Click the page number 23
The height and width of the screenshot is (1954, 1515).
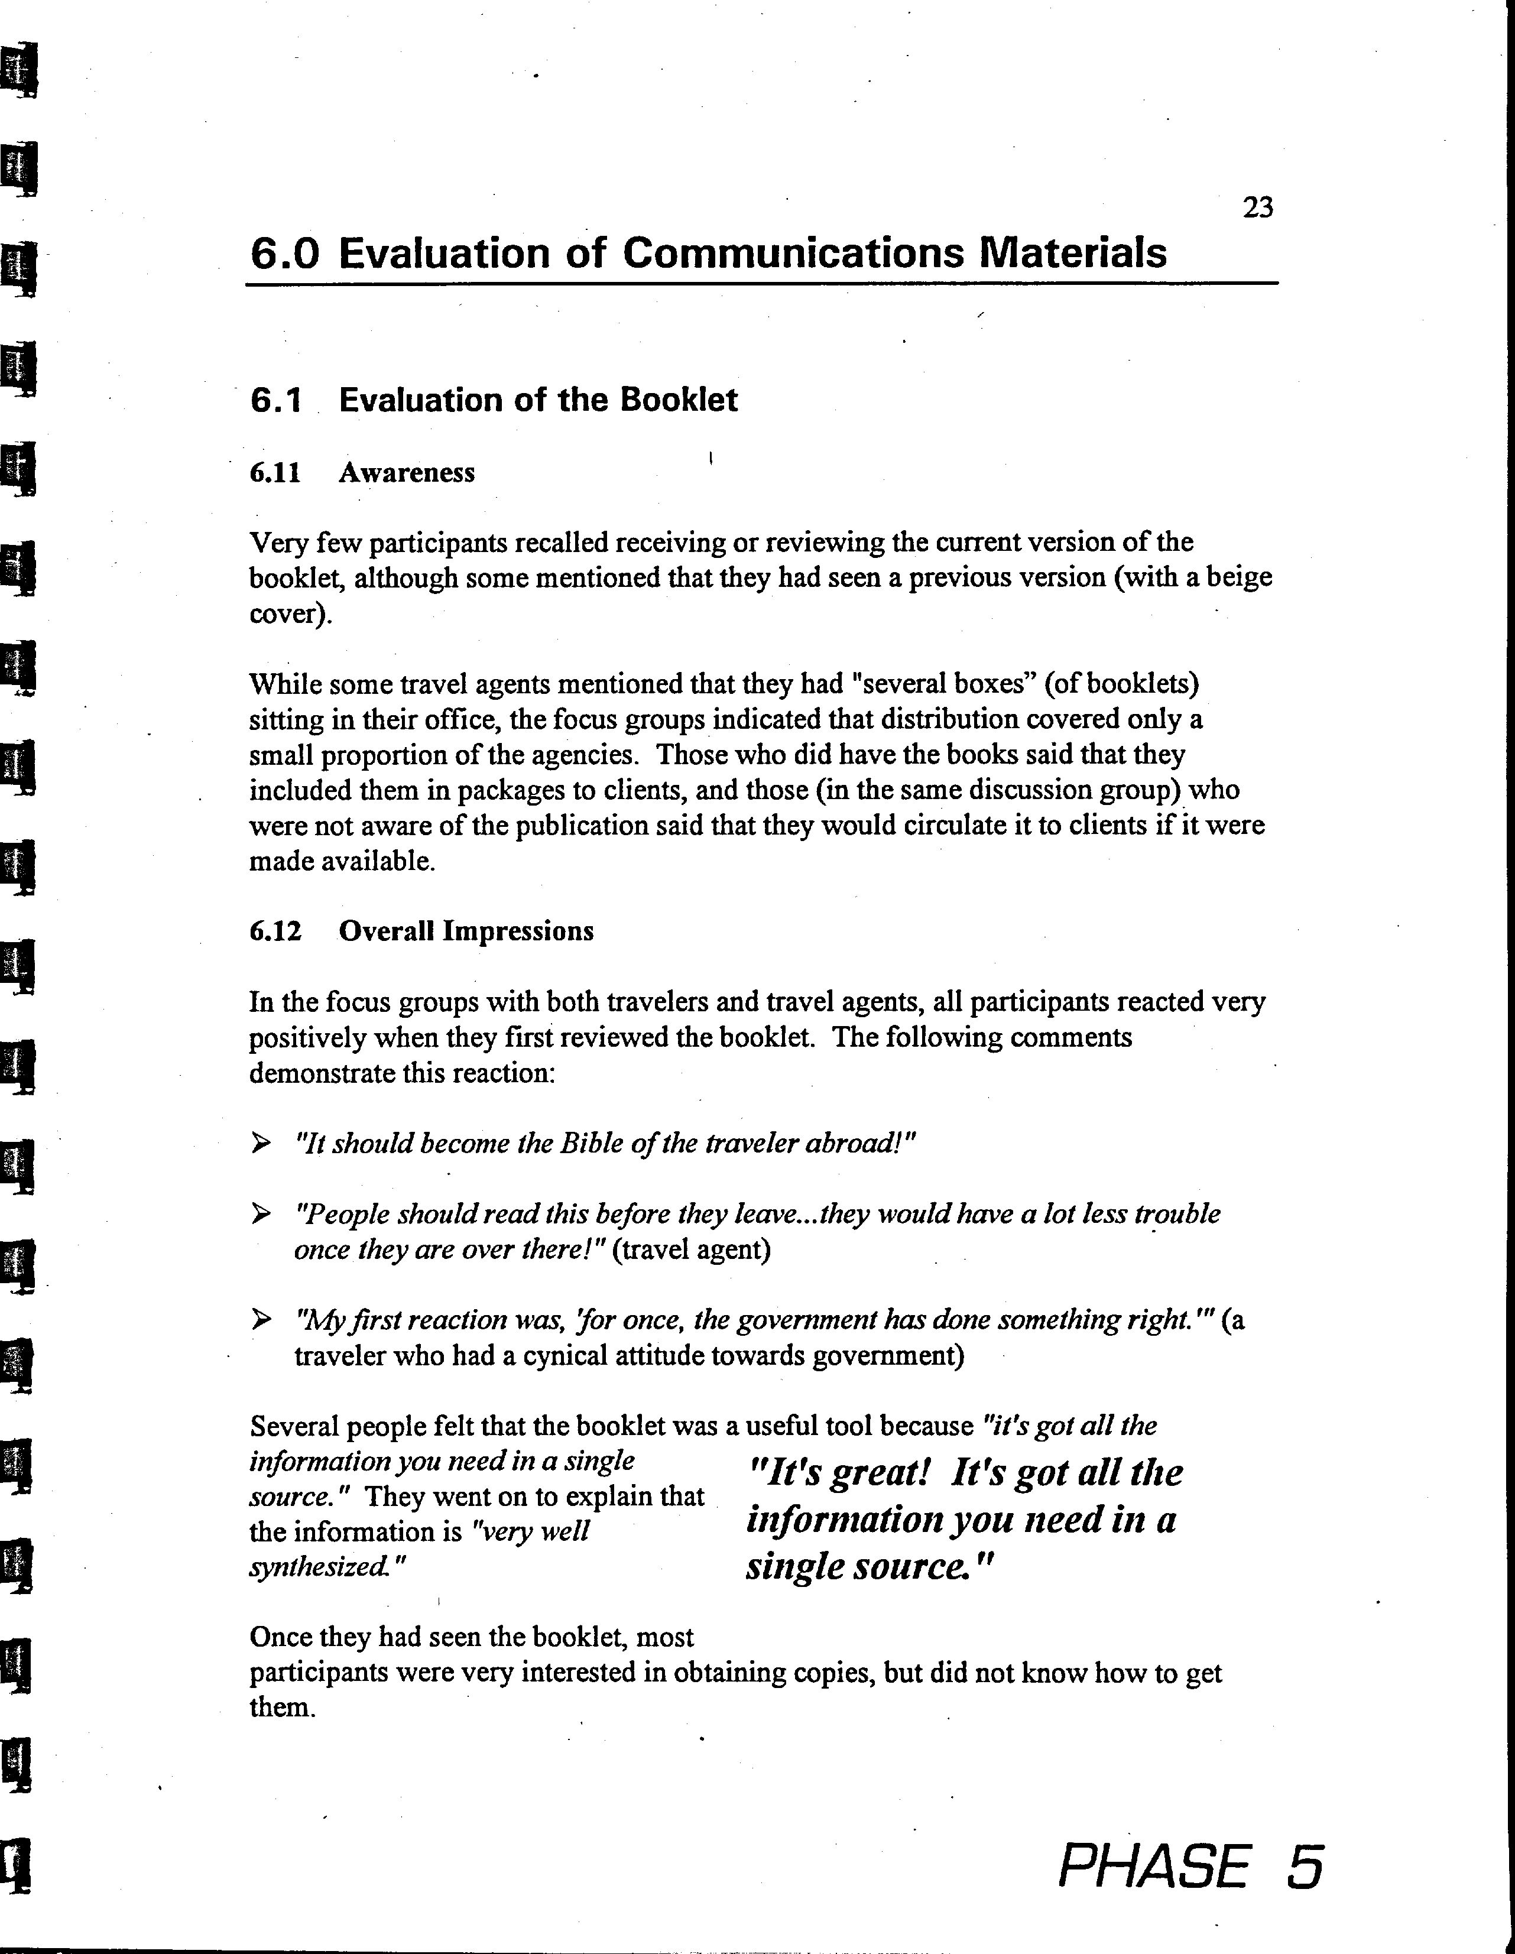coord(1257,207)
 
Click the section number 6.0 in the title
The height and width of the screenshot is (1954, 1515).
coord(284,253)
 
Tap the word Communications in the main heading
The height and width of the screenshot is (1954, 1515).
coord(793,253)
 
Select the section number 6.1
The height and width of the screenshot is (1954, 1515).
coord(275,400)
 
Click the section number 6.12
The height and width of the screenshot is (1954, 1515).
coord(275,931)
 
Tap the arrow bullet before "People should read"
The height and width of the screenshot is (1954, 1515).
coord(261,1213)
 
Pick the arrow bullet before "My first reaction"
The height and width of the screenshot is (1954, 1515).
coord(261,1319)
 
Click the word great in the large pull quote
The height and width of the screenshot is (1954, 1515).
coord(881,1473)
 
